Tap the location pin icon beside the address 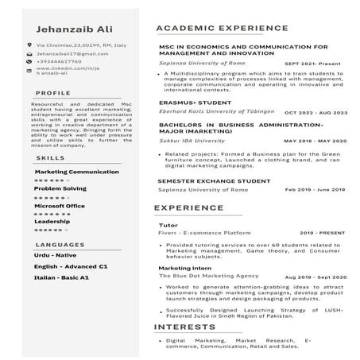[x=29, y=48]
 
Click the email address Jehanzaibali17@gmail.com [x=72, y=54]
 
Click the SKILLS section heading [x=51, y=157]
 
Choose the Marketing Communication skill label [x=76, y=172]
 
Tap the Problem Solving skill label [x=60, y=188]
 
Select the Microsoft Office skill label [x=59, y=205]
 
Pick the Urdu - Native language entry [x=56, y=255]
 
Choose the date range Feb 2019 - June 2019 [x=315, y=190]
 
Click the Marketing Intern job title [x=184, y=269]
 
